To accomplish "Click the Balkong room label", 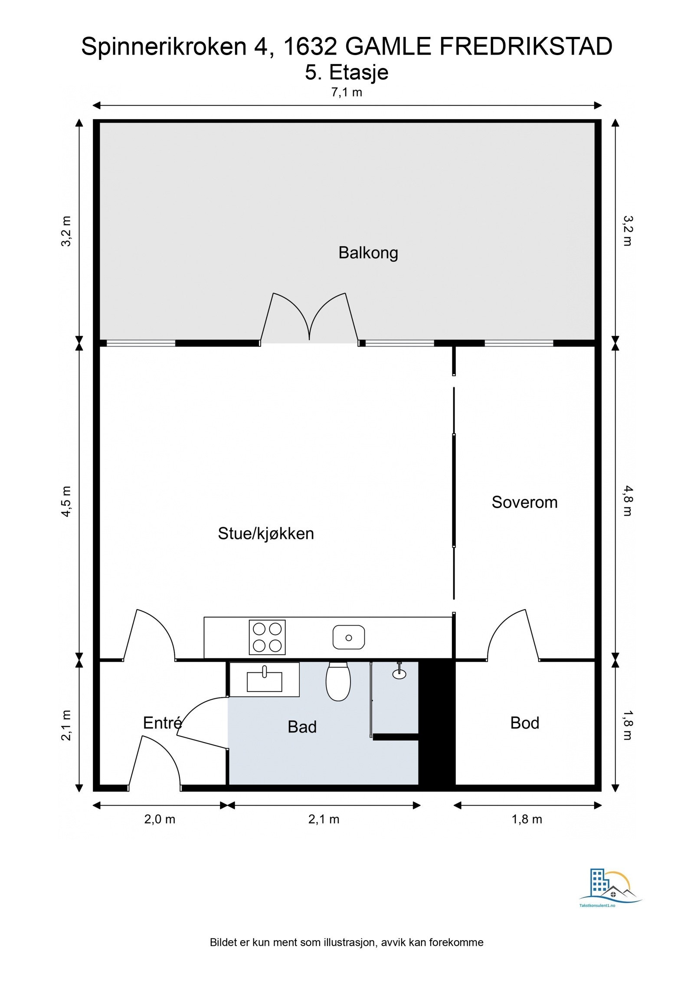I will pos(368,252).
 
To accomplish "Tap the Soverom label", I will pos(524,502).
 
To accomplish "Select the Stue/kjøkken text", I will pos(265,533).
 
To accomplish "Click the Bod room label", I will pos(524,723).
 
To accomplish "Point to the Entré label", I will pos(162,723).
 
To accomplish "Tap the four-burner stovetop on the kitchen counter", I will pos(267,637).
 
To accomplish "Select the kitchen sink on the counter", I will pos(348,637).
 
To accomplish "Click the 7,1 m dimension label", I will pos(347,92).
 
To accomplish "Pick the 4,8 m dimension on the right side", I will pos(628,501).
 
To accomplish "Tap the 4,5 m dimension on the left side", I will pos(66,501).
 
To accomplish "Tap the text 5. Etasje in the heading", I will pos(346,72).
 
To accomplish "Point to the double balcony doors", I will pos(309,319).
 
